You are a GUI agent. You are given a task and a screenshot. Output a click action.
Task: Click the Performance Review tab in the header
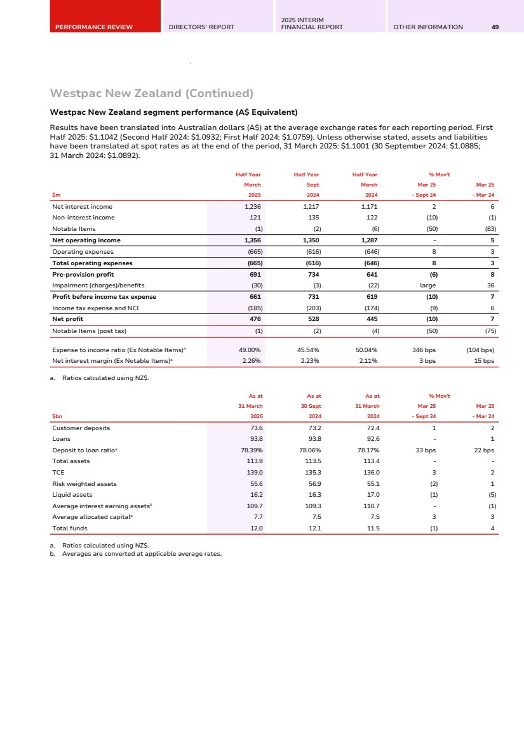[x=93, y=27]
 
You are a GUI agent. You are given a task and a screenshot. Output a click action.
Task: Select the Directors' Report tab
[x=201, y=27]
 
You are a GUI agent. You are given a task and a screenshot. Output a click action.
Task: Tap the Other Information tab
[x=428, y=27]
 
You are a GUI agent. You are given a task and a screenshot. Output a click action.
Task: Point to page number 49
[x=495, y=27]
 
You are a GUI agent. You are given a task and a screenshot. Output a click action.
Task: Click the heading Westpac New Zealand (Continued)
[x=152, y=94]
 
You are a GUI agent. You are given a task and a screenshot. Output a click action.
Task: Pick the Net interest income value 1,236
[x=253, y=207]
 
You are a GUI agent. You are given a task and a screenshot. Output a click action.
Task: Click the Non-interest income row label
[x=83, y=218]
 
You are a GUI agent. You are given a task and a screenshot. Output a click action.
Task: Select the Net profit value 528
[x=312, y=319]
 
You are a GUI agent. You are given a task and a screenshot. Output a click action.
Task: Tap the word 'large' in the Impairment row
[x=428, y=285]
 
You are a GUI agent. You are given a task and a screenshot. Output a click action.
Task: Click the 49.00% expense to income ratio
[x=248, y=350]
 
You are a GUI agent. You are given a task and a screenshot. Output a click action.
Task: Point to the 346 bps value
[x=423, y=350]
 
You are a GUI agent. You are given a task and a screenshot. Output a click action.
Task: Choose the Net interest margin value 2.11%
[x=367, y=361]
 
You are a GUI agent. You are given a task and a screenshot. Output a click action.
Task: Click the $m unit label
[x=56, y=195]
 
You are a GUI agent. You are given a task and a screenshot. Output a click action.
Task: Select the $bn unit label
[x=57, y=416]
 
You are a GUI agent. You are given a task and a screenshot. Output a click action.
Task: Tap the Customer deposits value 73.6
[x=257, y=428]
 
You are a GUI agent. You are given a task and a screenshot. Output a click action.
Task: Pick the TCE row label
[x=58, y=473]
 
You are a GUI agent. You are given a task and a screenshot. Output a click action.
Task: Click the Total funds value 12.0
[x=257, y=528]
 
